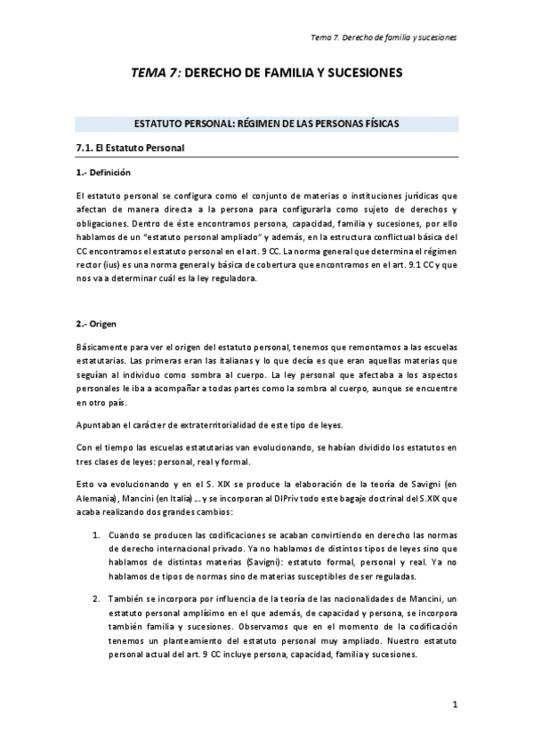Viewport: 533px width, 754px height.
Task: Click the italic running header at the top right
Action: (x=383, y=38)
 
